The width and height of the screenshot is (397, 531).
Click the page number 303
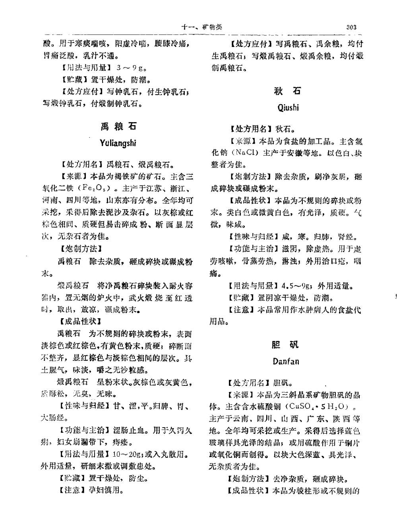coord(351,27)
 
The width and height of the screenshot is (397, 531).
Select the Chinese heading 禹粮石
coord(118,126)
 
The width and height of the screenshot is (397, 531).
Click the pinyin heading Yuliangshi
coord(118,143)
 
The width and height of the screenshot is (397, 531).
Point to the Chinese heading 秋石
coord(288,91)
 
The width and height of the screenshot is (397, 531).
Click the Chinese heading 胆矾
coord(286,344)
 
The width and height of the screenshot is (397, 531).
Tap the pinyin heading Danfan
coord(286,361)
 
